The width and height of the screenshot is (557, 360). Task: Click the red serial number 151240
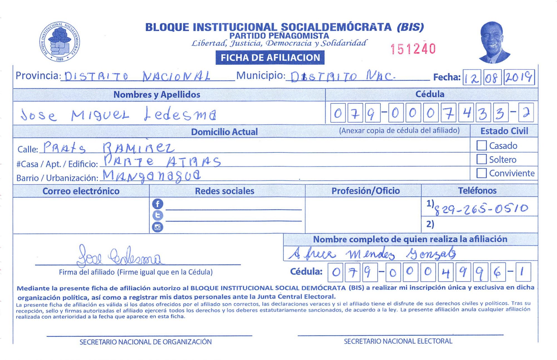[x=413, y=49]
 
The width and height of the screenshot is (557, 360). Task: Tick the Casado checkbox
[x=482, y=145]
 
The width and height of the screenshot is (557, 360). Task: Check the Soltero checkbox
[x=482, y=159]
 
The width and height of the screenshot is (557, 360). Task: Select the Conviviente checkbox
[x=482, y=173]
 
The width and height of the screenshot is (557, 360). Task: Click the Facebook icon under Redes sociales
[x=157, y=204]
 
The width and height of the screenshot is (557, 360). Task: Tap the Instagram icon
[x=157, y=227]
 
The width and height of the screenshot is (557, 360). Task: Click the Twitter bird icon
[x=157, y=215]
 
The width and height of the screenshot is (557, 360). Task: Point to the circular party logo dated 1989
[x=60, y=42]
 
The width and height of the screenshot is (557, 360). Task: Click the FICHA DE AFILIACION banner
[x=270, y=58]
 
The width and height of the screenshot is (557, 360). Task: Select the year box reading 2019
[x=519, y=77]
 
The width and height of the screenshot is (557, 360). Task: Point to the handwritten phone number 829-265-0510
[x=481, y=209]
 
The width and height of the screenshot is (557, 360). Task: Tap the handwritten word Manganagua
[x=152, y=176]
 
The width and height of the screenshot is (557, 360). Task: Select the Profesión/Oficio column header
[x=365, y=191]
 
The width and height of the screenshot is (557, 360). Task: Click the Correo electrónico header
[x=81, y=191]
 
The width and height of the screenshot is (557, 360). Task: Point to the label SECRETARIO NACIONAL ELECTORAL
[x=398, y=341]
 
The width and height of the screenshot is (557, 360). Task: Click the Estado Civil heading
[x=504, y=131]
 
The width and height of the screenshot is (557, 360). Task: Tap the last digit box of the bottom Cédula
[x=523, y=272]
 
